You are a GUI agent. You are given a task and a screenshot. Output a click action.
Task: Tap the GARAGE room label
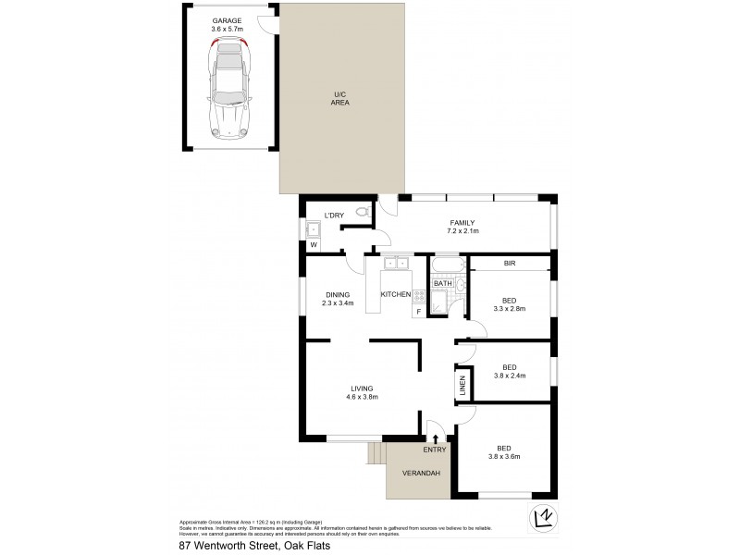click(227, 24)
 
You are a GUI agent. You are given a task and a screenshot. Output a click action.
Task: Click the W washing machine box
click(313, 245)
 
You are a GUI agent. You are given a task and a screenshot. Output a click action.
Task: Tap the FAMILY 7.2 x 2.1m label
click(462, 227)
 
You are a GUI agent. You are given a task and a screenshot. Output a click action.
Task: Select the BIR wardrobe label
click(509, 265)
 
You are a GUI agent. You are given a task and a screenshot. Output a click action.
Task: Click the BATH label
click(443, 283)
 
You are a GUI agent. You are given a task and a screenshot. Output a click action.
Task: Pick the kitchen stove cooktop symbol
click(418, 296)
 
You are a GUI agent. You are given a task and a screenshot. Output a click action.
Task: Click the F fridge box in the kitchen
click(418, 312)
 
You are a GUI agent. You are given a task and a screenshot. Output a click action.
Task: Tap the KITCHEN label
click(395, 294)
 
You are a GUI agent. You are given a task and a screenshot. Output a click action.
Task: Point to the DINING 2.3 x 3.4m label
click(337, 299)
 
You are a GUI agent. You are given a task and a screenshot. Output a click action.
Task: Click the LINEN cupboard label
click(461, 386)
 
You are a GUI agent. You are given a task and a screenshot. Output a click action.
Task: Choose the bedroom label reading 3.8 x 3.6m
click(509, 453)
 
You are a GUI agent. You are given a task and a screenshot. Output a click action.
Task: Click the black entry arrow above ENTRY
click(436, 438)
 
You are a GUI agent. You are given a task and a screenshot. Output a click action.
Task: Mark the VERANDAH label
click(420, 474)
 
